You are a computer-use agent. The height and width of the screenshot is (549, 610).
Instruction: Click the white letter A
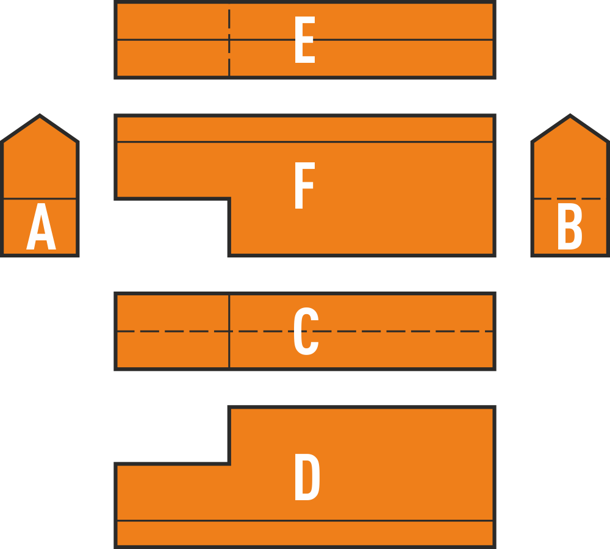coord(41,226)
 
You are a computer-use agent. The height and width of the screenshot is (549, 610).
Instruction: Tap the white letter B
coord(570,226)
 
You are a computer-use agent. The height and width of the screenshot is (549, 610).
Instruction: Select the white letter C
coord(306,331)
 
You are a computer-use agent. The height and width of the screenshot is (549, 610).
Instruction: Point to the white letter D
coord(307,476)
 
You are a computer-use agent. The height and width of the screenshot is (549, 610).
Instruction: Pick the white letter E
coord(305,40)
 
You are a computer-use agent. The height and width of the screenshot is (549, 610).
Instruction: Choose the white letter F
coord(304,185)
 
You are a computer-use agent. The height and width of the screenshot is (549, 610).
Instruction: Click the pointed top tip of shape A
coord(40,115)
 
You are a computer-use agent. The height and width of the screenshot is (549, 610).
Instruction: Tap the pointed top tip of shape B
coord(570,115)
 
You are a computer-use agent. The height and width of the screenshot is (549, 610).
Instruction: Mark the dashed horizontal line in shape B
coord(570,198)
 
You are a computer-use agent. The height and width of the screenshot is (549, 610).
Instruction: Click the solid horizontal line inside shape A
coord(40,198)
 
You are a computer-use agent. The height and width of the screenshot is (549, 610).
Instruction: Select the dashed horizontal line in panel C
coord(305,331)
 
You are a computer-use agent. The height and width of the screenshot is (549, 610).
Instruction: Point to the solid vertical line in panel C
coord(229,331)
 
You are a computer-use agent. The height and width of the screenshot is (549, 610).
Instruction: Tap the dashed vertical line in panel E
coord(229,40)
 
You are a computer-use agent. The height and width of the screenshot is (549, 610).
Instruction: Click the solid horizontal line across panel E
coord(305,40)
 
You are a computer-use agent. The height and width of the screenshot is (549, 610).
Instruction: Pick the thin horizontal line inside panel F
coord(305,142)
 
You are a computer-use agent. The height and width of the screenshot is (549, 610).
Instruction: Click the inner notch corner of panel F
coord(229,199)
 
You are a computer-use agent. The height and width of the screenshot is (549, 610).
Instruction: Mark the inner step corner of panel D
coord(229,464)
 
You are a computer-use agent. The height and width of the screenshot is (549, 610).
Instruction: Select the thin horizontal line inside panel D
coord(305,520)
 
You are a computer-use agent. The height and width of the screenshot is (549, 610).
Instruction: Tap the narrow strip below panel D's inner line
coord(305,533)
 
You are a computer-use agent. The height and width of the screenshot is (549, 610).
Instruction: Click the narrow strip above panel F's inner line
coord(305,129)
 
